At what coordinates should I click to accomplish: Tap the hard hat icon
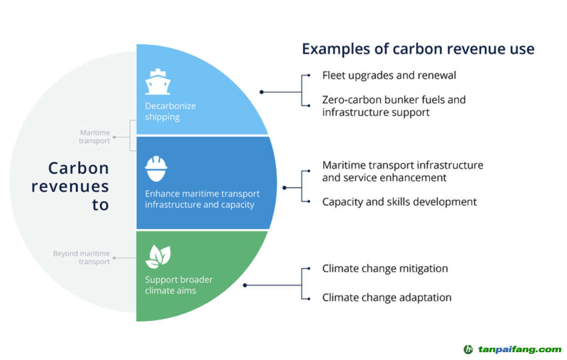coord(156,168)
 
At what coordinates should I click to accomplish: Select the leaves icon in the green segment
coord(157,257)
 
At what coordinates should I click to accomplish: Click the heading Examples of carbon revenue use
coord(418,49)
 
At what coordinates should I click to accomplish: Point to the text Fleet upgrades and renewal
coord(389,75)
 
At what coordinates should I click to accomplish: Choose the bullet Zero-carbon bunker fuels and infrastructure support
coord(394,105)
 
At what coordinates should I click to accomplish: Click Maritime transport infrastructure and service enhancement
coord(402,171)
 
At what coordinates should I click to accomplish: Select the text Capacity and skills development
coord(399,202)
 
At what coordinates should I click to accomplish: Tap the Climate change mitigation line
coord(385,268)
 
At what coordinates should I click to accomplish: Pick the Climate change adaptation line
coord(386,298)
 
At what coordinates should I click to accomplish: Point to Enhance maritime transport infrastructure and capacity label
coord(202,199)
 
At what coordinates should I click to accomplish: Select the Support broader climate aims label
coord(178,285)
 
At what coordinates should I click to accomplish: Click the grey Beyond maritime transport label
coord(81,258)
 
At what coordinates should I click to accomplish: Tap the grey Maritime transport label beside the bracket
coord(94,137)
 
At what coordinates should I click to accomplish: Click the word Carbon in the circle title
coord(79,168)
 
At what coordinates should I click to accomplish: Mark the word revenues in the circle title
coord(70,186)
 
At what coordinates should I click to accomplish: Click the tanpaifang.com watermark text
coord(520,349)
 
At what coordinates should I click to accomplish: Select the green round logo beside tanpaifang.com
coord(468,349)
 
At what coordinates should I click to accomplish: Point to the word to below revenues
coord(100,205)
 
